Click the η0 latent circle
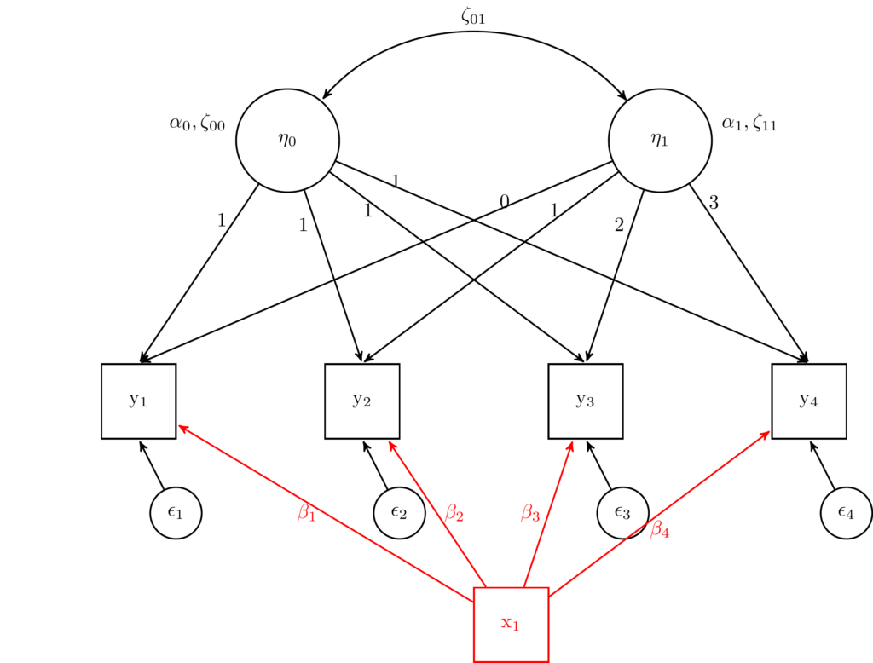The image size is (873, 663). [x=287, y=141]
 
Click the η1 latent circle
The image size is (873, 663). [x=660, y=141]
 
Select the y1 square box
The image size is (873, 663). [x=138, y=401]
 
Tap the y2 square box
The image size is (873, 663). [x=361, y=401]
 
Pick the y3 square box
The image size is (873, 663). [x=585, y=401]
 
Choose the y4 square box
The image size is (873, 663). [x=808, y=401]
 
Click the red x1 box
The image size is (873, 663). [x=511, y=624]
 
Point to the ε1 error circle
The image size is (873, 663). [x=176, y=513]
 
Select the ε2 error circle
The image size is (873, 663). [x=399, y=513]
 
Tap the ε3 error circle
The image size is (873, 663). [x=622, y=513]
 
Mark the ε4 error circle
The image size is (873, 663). [x=846, y=513]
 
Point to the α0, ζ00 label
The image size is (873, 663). [x=197, y=124]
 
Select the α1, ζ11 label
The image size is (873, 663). [x=749, y=124]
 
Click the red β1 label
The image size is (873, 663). [x=306, y=513]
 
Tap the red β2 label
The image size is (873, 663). [x=454, y=513]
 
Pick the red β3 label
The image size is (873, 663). [x=530, y=513]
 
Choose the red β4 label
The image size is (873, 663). [x=660, y=530]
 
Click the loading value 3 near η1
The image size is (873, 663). [x=714, y=203]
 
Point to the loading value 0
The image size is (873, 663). [x=505, y=202]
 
